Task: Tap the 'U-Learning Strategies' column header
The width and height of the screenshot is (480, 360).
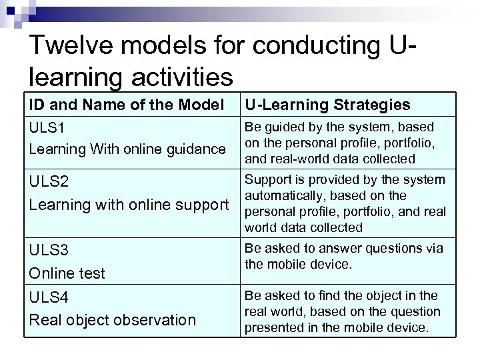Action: point(327,105)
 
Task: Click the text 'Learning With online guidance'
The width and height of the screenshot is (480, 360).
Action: point(127,149)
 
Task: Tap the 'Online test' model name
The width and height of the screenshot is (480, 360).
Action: point(67,273)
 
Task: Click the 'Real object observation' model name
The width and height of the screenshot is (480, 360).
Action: point(113,320)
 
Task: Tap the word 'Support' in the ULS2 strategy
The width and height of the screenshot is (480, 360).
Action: point(268,180)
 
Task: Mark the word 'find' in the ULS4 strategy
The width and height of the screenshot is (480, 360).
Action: point(331,295)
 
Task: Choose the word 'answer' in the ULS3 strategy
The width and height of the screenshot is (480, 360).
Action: point(347,249)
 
